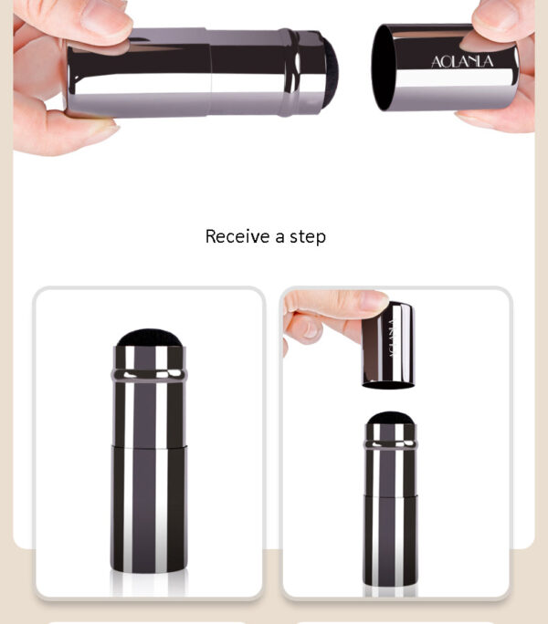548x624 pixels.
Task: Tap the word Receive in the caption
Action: click(x=237, y=236)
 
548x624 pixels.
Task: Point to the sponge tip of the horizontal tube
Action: click(x=331, y=66)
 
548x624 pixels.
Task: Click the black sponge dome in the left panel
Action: click(x=149, y=339)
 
